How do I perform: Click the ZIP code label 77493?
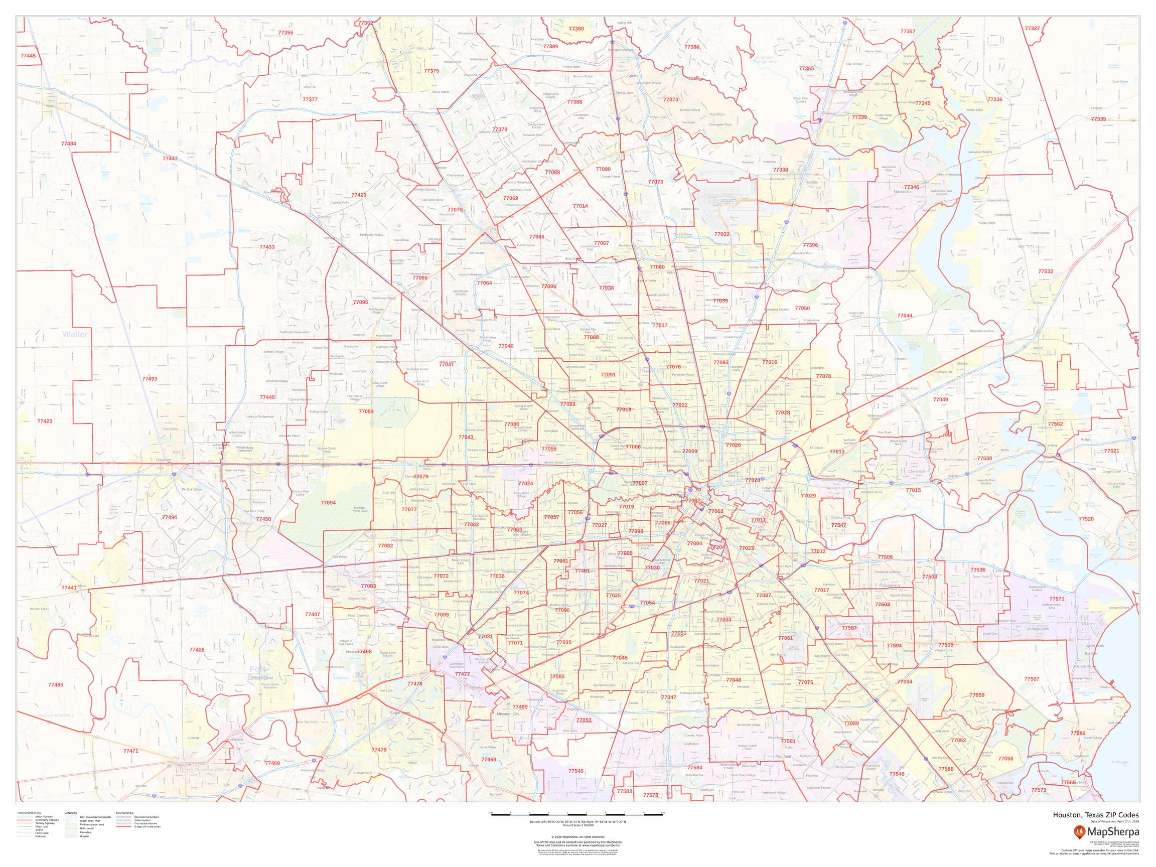pyautogui.click(x=150, y=379)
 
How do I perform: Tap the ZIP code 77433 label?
pyautogui.click(x=267, y=247)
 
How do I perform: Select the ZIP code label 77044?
pyautogui.click(x=905, y=316)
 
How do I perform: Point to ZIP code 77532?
pyautogui.click(x=1046, y=271)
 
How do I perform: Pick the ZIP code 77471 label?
pyautogui.click(x=130, y=751)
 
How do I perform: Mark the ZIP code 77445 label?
pyautogui.click(x=28, y=55)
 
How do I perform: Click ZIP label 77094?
pyautogui.click(x=328, y=502)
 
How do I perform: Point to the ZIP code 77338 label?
pyautogui.click(x=780, y=170)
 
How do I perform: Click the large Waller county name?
pyautogui.click(x=75, y=334)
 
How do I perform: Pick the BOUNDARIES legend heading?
pyautogui.click(x=125, y=813)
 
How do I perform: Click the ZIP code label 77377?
pyautogui.click(x=310, y=99)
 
